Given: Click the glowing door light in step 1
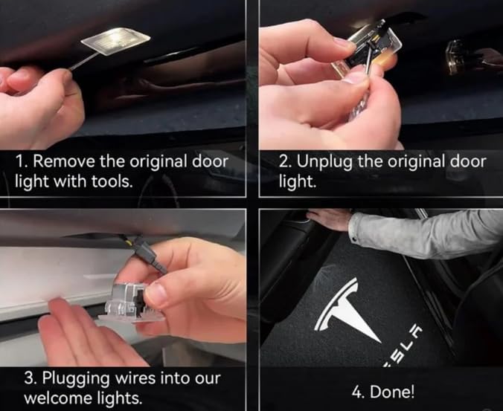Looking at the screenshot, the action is pos(115,41).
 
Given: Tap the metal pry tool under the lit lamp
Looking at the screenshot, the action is pos(84,61).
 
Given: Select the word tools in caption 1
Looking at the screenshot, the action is pos(112,181).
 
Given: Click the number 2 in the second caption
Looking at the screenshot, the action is pos(283,161).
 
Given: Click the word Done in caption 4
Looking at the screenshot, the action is pos(392,392).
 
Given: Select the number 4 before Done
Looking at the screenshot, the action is pos(358,392).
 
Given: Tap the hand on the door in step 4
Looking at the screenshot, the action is pos(329,219).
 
